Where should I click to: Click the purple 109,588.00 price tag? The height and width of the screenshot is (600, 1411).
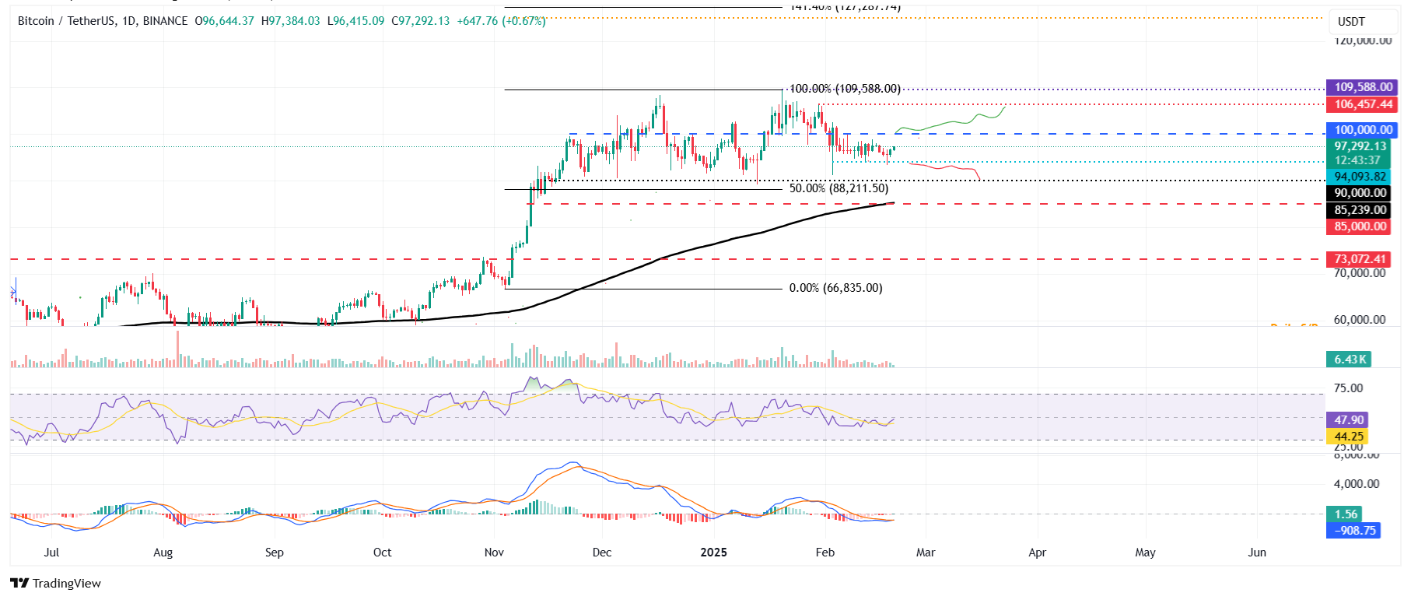pos(1363,87)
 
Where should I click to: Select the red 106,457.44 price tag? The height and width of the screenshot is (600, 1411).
pos(1363,104)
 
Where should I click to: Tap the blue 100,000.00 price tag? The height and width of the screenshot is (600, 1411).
pos(1363,130)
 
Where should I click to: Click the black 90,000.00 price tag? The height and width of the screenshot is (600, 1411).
pos(1360,193)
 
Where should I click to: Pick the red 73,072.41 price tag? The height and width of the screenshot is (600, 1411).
pos(1360,259)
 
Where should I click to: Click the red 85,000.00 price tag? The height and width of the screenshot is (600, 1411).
pos(1360,226)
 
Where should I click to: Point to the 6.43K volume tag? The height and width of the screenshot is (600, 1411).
pos(1350,359)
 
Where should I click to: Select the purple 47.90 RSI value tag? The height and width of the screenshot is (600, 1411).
pos(1349,419)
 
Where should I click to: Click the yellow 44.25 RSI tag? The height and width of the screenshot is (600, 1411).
pos(1349,437)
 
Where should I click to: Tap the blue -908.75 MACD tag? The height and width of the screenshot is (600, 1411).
pos(1354,531)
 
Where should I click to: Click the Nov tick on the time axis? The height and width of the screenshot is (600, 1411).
pos(494,553)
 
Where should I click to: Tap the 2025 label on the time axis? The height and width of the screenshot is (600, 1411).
pos(713,553)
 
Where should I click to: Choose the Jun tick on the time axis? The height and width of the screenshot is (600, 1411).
pos(1257,553)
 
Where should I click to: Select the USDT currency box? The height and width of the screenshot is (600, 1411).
pos(1351,22)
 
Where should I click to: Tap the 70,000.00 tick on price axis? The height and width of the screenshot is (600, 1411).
pos(1359,273)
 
